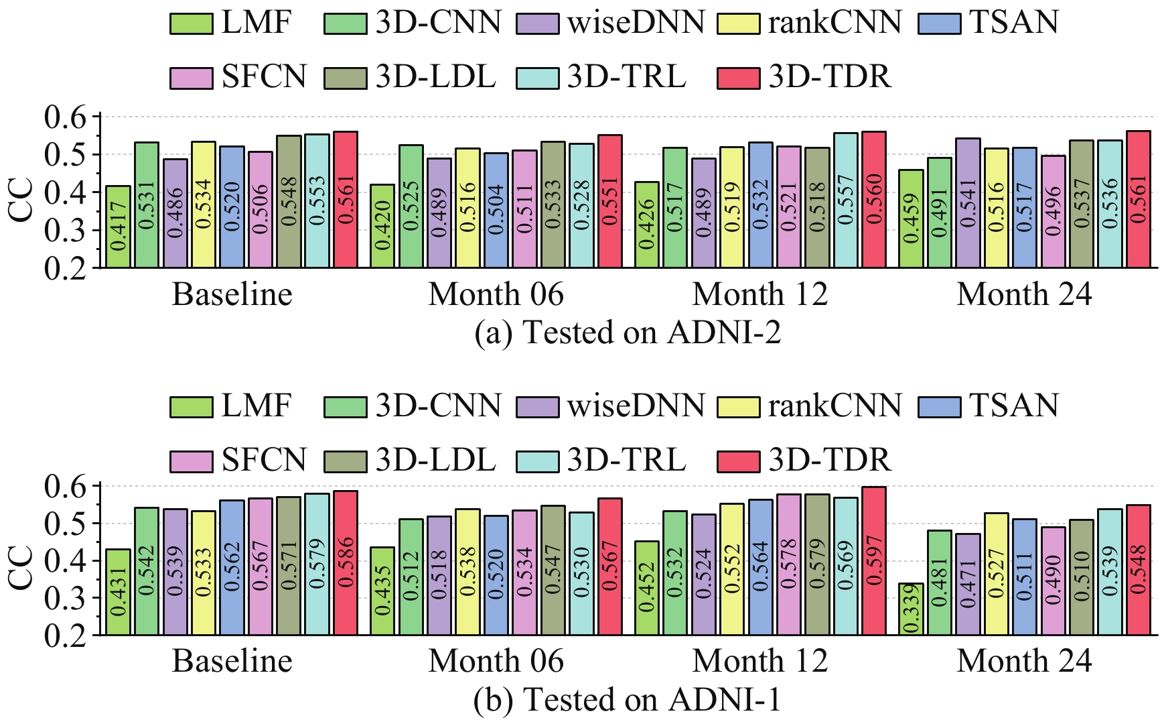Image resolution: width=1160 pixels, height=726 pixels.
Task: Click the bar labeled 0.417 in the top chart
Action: pos(119,227)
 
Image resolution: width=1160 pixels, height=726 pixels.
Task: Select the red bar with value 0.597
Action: pos(874,560)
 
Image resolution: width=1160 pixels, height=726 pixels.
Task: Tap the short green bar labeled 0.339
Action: pos(912,609)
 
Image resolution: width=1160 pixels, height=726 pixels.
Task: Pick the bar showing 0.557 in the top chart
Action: pos(846,200)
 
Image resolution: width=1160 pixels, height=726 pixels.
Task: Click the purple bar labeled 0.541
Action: pos(968,203)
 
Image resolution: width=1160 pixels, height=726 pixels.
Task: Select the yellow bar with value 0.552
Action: pos(733,569)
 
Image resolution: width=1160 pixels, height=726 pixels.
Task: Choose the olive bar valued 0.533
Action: pos(553,204)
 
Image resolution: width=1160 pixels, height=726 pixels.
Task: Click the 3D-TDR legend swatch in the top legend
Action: pos(738,78)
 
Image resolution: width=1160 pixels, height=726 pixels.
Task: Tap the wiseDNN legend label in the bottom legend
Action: pos(636,406)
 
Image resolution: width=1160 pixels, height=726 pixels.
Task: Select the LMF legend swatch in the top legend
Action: pos(191,24)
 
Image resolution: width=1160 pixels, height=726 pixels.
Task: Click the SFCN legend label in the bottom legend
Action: pos(264,460)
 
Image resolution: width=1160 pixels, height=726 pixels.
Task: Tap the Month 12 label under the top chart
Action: pos(759,294)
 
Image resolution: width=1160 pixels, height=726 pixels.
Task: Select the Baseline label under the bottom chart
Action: pos(232,661)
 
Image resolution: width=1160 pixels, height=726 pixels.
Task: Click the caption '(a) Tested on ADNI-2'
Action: pos(628,332)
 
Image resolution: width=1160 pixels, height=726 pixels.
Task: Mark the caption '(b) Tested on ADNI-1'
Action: pos(628,700)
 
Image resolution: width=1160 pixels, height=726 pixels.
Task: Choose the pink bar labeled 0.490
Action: pos(1053,581)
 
